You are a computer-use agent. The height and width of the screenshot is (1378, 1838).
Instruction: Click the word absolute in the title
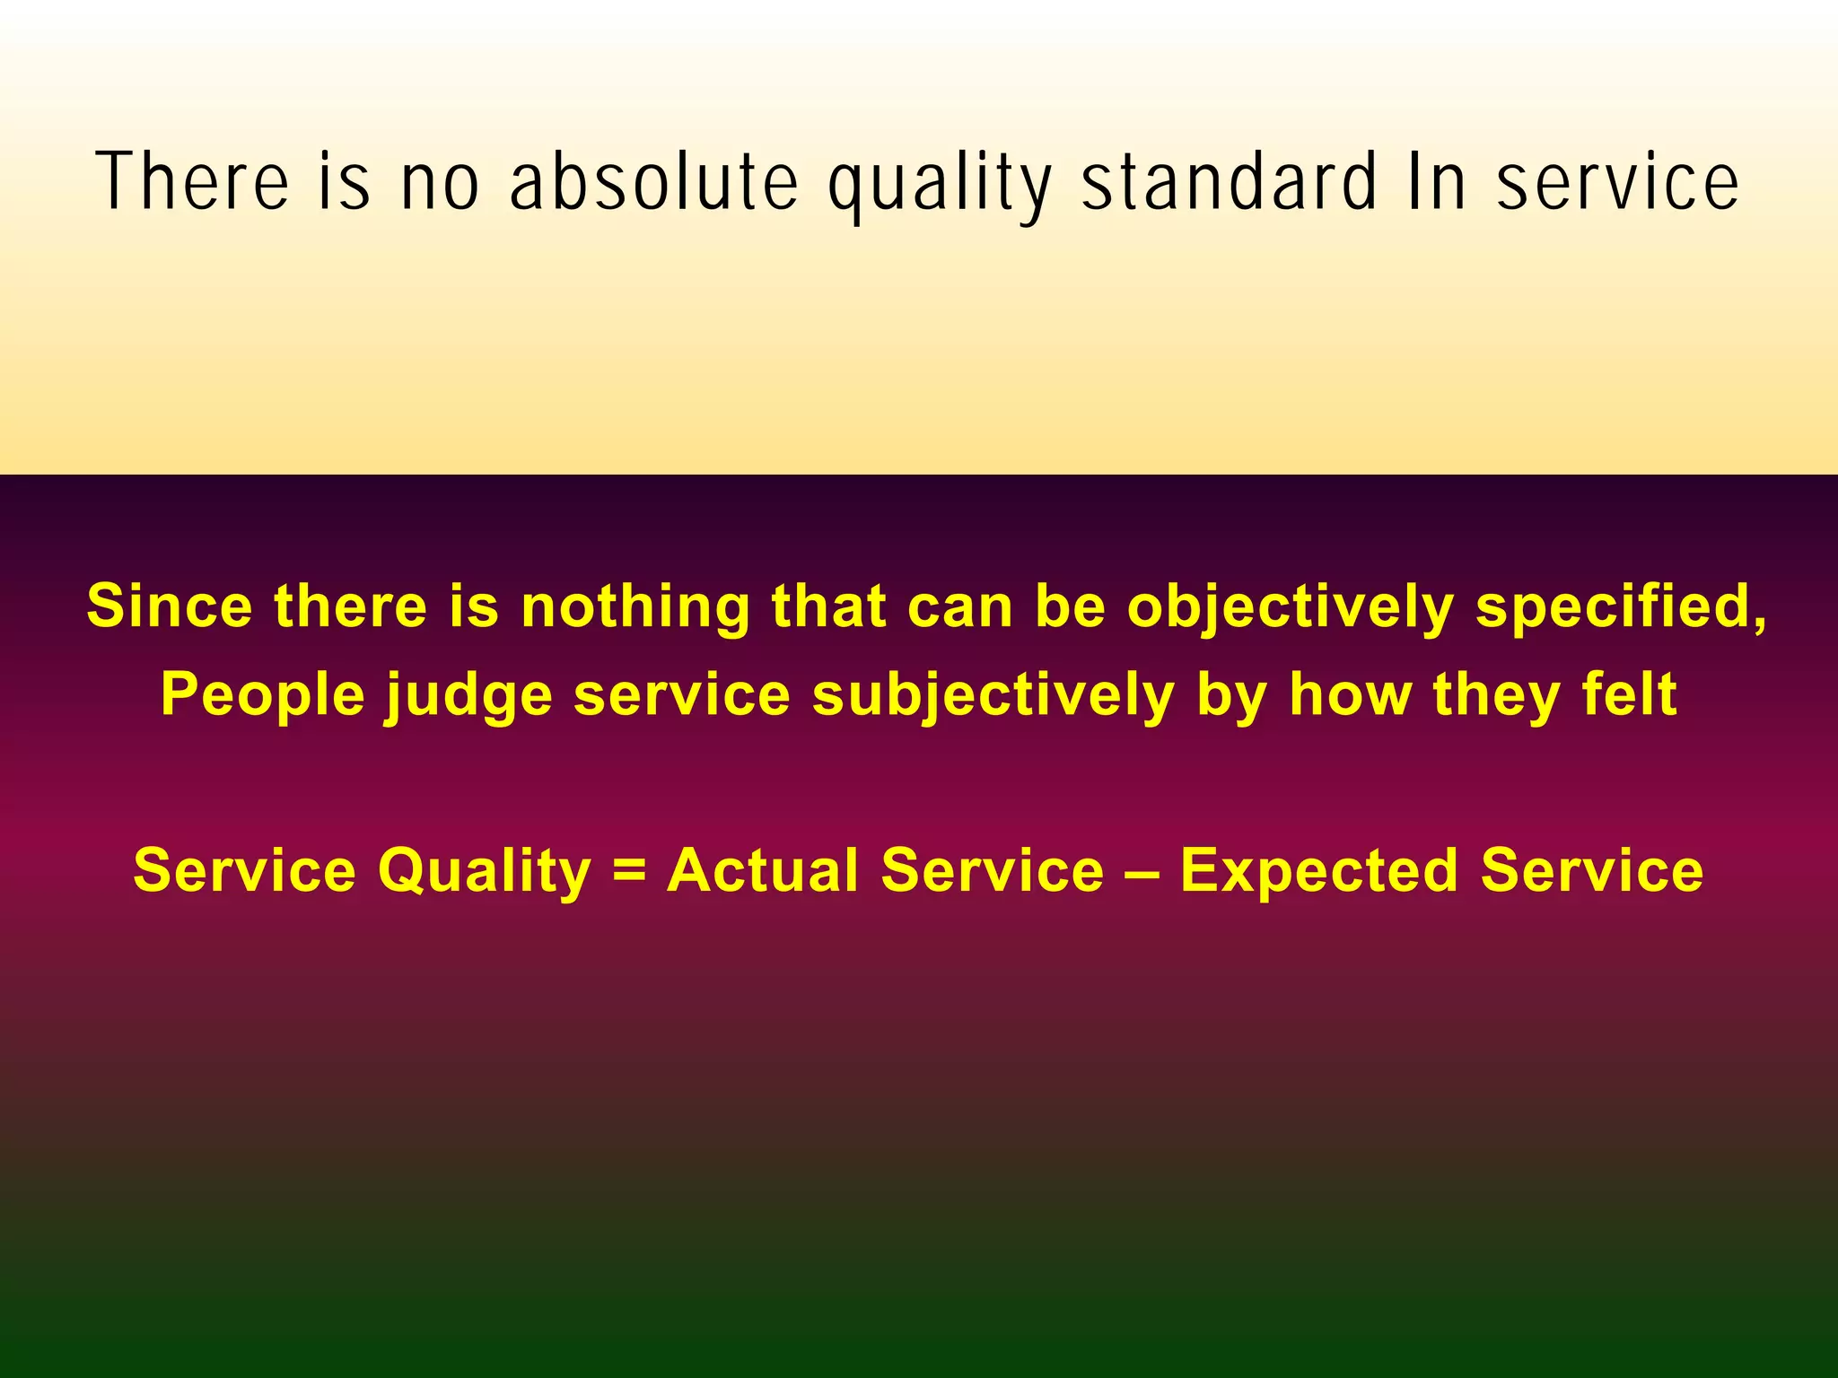point(653,183)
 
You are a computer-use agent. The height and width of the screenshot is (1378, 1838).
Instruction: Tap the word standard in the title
point(1229,183)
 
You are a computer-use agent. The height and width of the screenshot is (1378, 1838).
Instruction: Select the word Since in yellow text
point(170,606)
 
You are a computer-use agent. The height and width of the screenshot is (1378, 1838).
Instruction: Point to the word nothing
point(635,607)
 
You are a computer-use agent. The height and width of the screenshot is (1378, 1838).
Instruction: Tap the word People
point(263,695)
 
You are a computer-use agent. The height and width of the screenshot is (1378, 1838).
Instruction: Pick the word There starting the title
point(192,183)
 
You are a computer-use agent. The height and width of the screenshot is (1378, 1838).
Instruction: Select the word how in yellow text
point(1351,695)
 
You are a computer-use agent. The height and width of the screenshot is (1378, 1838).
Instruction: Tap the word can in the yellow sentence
point(959,607)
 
